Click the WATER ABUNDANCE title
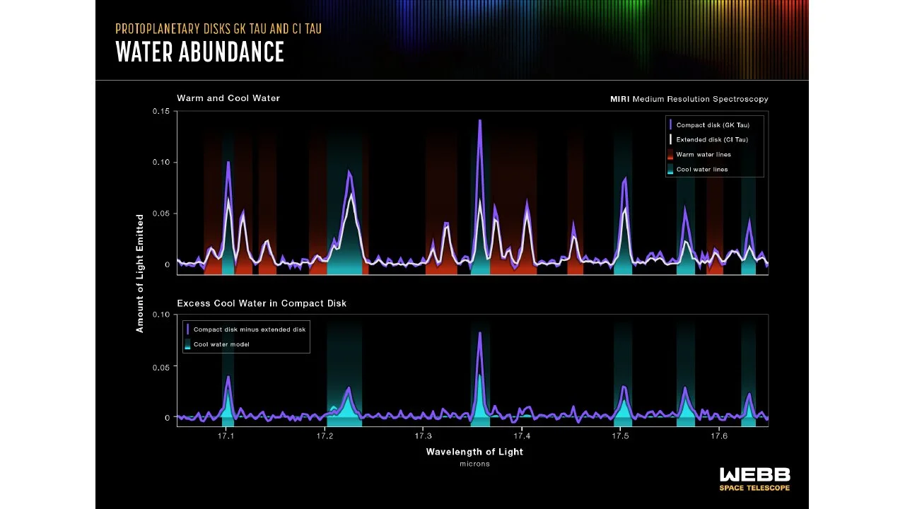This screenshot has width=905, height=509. click(x=200, y=52)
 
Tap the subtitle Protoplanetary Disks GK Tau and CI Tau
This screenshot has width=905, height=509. click(x=218, y=29)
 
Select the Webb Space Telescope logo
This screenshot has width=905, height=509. click(x=754, y=479)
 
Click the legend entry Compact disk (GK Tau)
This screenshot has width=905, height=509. click(x=711, y=125)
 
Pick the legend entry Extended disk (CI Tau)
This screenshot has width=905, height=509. click(x=711, y=140)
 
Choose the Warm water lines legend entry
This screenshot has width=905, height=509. click(x=703, y=155)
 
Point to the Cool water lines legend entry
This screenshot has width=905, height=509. click(x=701, y=170)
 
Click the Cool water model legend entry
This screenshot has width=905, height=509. click(x=221, y=344)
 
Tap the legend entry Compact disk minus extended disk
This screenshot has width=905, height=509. click(x=249, y=329)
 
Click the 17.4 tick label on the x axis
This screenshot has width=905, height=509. click(x=522, y=436)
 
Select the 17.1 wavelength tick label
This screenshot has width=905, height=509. click(x=226, y=436)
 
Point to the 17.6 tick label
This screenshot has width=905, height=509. click(x=718, y=436)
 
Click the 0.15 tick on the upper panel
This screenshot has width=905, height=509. click(x=161, y=112)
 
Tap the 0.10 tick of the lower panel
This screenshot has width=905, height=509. click(x=161, y=315)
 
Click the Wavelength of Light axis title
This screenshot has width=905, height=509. click(x=474, y=452)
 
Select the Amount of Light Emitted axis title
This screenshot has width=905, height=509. click(x=140, y=273)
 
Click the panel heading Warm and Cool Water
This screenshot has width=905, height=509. click(x=228, y=98)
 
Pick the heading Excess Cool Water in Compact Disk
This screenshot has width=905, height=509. click(x=262, y=303)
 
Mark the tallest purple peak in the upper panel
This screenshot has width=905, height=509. click(x=479, y=122)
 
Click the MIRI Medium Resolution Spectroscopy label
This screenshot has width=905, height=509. click(x=689, y=99)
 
